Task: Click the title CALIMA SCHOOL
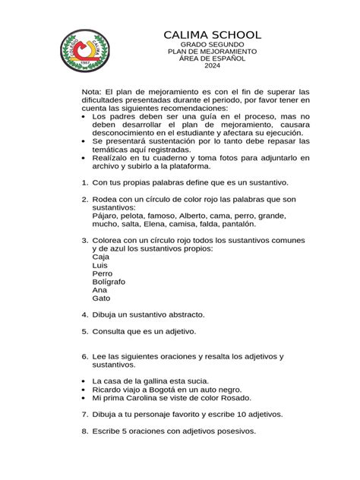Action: coord(213,36)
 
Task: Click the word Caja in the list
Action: coord(99,257)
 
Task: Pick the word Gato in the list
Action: coord(100,298)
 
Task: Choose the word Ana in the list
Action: coord(99,289)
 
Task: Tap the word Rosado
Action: coord(235,398)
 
